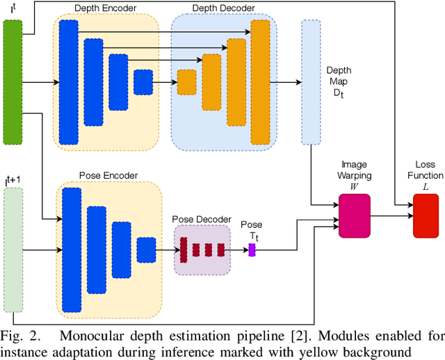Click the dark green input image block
click(x=13, y=82)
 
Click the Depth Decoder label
click(x=223, y=8)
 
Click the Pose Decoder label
click(x=202, y=219)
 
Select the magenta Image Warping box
click(x=354, y=216)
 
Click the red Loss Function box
click(x=426, y=215)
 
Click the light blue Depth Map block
click(x=310, y=82)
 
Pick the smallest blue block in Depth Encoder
click(x=143, y=82)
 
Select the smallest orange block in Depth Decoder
click(x=186, y=82)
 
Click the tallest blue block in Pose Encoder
click(x=72, y=240)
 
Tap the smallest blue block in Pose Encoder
click(x=146, y=249)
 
